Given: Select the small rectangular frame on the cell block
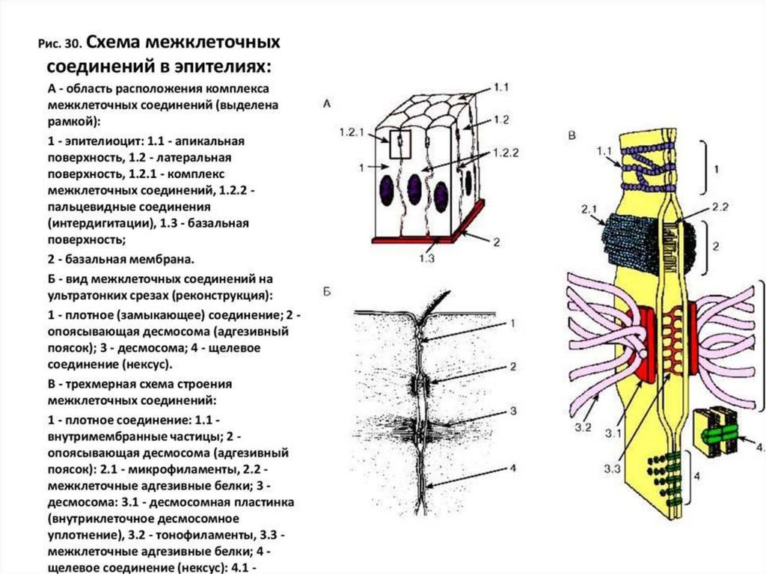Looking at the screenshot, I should pos(400,142).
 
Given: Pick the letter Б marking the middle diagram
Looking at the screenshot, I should pos(327,292).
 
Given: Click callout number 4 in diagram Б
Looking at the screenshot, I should pos(513,468).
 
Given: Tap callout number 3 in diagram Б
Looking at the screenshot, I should pos(513,411).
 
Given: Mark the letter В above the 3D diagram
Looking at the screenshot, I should pos(572,135).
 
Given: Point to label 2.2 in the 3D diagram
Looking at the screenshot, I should pos(700,207).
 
